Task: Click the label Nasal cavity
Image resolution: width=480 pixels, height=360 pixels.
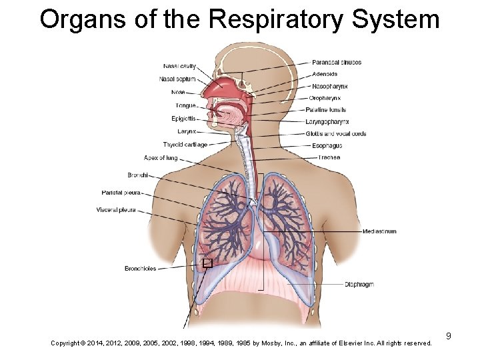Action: click(179, 66)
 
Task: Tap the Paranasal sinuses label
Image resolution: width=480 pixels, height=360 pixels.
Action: click(337, 63)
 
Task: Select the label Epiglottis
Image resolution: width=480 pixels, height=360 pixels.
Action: click(183, 119)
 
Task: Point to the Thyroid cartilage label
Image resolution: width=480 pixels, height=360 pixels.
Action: click(185, 145)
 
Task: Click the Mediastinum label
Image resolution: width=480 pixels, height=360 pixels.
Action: click(379, 231)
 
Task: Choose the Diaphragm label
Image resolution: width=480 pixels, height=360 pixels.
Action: click(359, 285)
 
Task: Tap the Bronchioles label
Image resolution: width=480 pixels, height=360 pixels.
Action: click(140, 269)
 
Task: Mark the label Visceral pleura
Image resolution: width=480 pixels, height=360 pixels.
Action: click(116, 210)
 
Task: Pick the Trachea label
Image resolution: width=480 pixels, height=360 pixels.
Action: click(329, 157)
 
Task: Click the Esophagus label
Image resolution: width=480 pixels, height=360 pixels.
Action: click(327, 145)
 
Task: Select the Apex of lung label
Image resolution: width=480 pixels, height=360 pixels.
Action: click(161, 158)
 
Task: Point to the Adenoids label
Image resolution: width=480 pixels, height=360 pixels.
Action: click(325, 74)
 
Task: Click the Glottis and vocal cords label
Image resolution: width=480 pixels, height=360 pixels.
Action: click(336, 134)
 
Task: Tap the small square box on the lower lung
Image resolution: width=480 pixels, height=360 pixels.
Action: click(207, 263)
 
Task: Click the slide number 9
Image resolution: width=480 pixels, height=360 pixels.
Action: click(449, 336)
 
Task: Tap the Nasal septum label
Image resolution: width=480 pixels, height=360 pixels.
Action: click(177, 79)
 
